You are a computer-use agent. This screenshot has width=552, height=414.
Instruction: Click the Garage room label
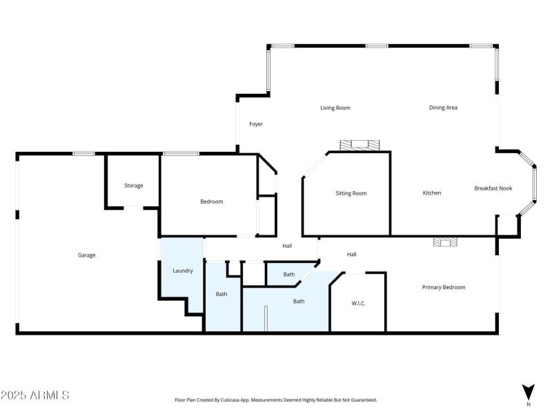click(86, 255)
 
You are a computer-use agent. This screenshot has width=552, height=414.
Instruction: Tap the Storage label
click(133, 186)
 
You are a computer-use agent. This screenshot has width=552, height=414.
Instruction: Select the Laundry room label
click(182, 270)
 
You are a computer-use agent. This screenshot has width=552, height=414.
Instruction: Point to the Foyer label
click(256, 124)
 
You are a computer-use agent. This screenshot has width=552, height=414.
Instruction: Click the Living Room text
click(335, 108)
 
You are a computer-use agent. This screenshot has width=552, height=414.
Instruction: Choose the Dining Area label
click(443, 108)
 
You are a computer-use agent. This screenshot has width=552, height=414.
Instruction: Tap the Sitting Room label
click(351, 193)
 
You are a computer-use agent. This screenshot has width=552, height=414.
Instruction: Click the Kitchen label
click(432, 193)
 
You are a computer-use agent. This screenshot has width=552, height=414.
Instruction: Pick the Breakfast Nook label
click(493, 188)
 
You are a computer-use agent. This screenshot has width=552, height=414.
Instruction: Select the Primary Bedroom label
click(444, 287)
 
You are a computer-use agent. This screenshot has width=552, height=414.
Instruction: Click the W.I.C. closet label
click(358, 303)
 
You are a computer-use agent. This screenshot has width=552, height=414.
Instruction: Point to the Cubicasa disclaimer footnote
click(275, 400)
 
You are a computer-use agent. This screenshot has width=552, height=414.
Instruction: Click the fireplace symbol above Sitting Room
click(359, 145)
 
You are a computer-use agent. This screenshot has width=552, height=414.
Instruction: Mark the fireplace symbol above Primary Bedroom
click(445, 242)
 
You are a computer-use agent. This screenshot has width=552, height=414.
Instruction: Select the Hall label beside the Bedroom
click(288, 246)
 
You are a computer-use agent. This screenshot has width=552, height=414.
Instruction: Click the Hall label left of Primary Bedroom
click(351, 255)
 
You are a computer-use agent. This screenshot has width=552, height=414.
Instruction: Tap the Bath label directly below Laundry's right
click(221, 295)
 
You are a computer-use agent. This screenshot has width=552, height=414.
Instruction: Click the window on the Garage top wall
click(84, 153)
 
